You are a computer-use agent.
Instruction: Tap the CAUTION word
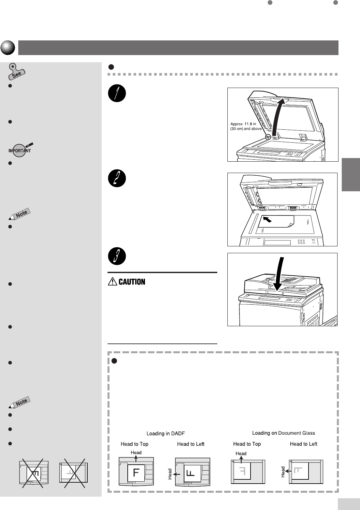[132, 282]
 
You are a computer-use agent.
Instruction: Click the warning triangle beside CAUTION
[113, 282]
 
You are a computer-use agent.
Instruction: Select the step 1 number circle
[117, 94]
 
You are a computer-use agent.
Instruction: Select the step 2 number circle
[117, 178]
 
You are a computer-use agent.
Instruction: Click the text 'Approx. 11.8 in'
[243, 124]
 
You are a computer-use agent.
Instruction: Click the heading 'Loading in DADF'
[166, 433]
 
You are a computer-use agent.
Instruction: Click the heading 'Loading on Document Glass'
[283, 433]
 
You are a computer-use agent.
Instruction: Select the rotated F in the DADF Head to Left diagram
[191, 473]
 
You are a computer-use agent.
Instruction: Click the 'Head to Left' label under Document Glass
[303, 444]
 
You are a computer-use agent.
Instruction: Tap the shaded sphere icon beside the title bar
[8, 48]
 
